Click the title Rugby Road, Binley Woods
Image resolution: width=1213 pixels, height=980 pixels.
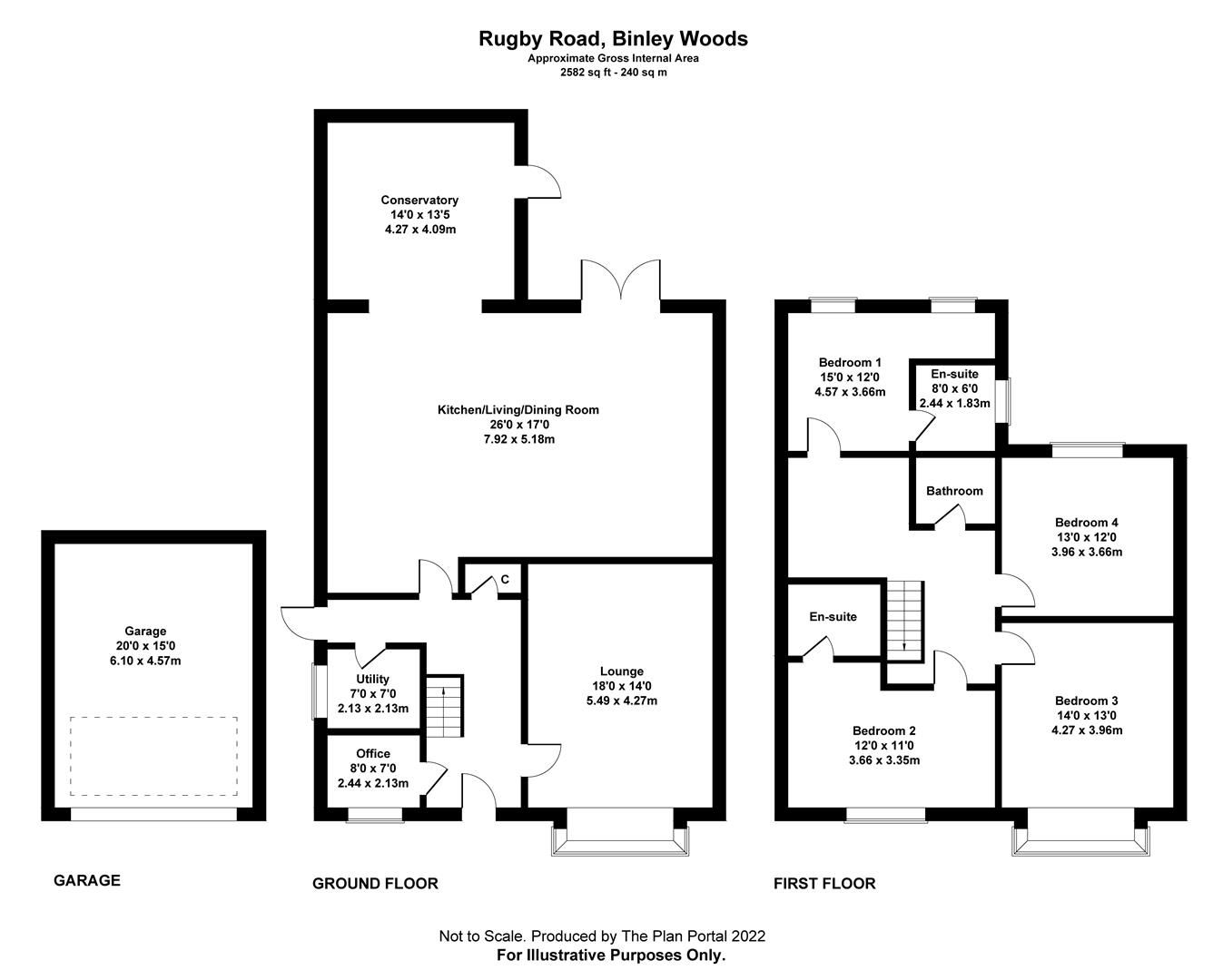614,38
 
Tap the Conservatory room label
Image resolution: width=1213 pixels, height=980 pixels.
419,200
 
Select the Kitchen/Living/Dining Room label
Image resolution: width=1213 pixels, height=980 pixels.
518,410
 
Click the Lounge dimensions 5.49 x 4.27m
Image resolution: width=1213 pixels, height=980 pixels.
621,701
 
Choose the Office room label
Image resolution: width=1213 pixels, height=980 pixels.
373,753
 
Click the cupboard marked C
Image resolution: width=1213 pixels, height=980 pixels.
504,580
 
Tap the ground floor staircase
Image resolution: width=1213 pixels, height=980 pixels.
444,706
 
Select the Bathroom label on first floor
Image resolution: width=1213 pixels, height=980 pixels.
954,491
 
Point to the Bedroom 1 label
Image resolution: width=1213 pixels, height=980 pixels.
850,362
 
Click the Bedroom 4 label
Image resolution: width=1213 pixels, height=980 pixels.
1086,522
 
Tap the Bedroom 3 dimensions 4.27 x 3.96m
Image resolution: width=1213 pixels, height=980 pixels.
1086,730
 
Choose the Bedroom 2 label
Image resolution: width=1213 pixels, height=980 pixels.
883,730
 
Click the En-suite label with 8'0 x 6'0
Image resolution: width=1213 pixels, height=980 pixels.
954,374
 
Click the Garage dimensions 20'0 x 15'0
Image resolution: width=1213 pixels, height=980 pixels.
145,646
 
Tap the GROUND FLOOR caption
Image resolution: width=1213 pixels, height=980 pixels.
375,883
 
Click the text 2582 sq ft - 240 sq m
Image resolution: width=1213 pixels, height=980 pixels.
614,73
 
